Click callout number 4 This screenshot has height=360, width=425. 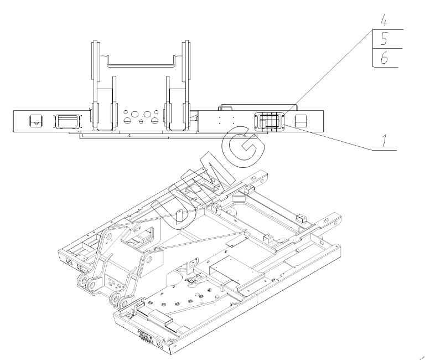click(383, 20)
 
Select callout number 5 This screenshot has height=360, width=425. click(383, 39)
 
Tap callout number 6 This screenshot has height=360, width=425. click(383, 58)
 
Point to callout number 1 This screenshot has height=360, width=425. click(384, 140)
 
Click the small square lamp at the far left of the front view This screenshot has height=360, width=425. click(36, 120)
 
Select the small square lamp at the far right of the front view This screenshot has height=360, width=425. click(300, 120)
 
